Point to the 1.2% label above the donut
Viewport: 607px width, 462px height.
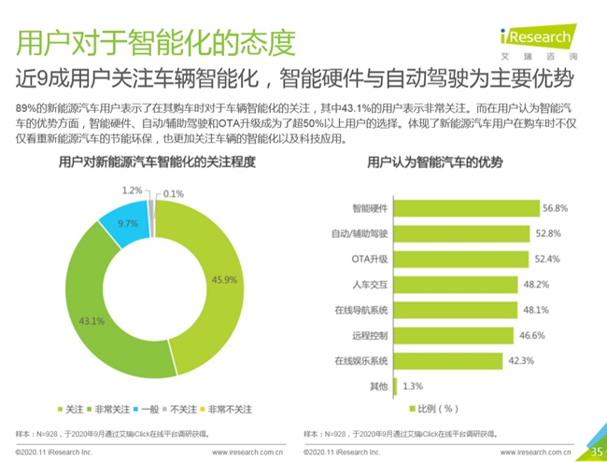132,189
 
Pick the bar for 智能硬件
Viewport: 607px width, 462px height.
468,208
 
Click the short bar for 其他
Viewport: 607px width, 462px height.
398,385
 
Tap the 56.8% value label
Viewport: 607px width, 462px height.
558,208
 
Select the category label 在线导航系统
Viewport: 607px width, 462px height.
360,310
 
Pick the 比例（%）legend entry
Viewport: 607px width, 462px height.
435,409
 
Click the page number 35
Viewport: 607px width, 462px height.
594,452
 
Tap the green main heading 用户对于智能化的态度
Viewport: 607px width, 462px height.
157,42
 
